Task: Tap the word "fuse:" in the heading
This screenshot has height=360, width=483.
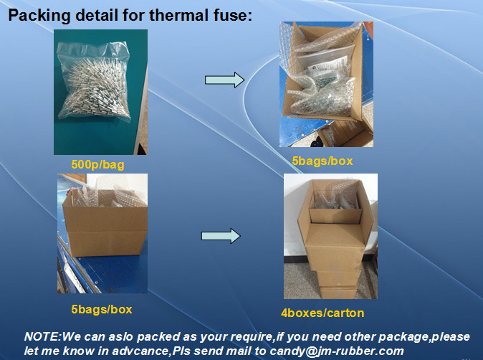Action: [x=233, y=15]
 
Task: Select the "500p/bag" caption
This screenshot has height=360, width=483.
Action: [x=97, y=165]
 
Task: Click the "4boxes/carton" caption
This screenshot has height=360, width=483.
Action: [x=322, y=313]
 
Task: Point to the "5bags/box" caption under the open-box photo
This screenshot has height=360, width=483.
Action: [x=322, y=161]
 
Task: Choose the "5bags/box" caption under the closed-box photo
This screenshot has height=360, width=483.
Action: [x=102, y=310]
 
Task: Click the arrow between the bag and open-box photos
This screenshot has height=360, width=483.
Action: [x=225, y=80]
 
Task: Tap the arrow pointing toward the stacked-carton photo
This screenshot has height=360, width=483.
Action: [x=221, y=236]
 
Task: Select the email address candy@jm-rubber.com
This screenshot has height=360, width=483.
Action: [x=337, y=351]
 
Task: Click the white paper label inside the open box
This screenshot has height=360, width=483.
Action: [x=327, y=66]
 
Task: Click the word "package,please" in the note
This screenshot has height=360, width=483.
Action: [x=424, y=337]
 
